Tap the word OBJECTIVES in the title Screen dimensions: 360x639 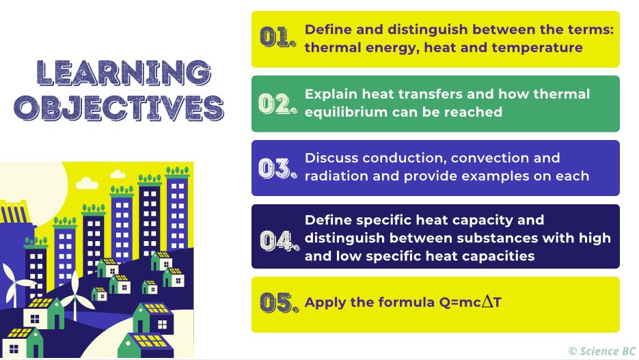(120, 108)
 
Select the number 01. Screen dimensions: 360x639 (277, 38)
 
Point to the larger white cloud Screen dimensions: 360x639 (87, 183)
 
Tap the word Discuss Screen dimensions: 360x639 (331, 158)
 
